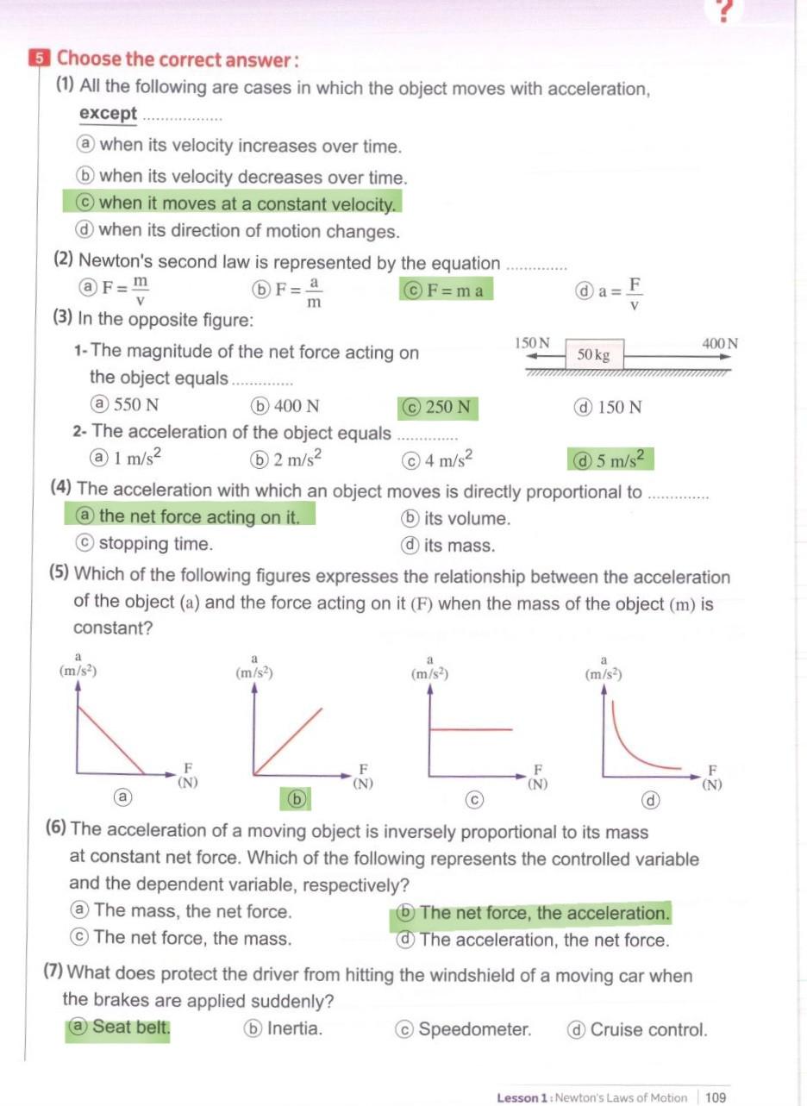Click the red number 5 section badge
pos(40,59)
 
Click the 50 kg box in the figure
pos(593,354)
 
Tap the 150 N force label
pos(532,343)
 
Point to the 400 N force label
pos(719,343)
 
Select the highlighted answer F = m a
pos(446,290)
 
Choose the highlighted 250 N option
pos(439,407)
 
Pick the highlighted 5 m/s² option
pos(610,459)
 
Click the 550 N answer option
pos(126,405)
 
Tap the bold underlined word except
pos(108,114)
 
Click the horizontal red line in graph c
pos(471,730)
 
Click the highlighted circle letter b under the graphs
pos(296,799)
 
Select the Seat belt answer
pos(119,1028)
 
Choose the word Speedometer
pos(474,1029)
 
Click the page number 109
pos(715,1097)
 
